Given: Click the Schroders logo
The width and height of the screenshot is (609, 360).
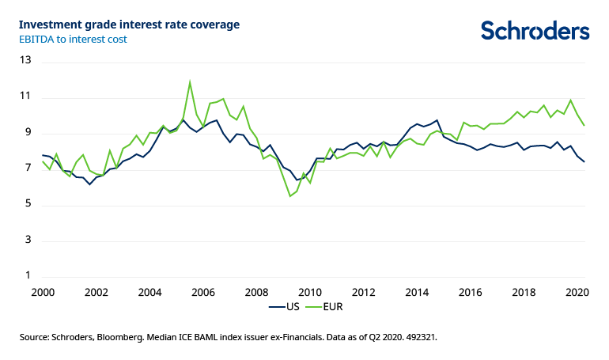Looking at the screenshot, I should tap(535, 30).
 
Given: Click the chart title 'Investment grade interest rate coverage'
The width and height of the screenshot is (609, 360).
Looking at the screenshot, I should tap(130, 25).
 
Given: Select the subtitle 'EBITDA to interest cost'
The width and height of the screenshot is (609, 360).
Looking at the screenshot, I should tap(74, 39).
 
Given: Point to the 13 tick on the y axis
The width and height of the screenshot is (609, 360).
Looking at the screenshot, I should tap(25, 60).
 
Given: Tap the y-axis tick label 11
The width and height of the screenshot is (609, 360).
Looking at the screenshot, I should tap(25, 97).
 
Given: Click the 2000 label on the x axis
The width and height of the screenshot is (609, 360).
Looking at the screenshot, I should tap(43, 291).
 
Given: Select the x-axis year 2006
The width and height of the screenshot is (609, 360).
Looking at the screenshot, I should tap(203, 291).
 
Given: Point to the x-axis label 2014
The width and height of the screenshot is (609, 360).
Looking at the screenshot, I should tap(418, 291).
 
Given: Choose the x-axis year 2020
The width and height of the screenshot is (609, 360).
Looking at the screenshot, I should tap(577, 291).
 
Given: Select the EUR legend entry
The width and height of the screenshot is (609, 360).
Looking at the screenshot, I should tap(333, 306).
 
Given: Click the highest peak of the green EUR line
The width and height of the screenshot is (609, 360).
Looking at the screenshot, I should tap(190, 81).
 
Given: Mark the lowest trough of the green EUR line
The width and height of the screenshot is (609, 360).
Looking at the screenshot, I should tap(290, 196).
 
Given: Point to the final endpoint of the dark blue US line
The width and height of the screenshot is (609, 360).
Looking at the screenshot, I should tap(584, 161).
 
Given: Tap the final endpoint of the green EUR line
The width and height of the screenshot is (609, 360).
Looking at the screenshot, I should tap(584, 125).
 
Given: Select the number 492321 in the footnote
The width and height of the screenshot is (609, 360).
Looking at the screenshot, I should tap(419, 337).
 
